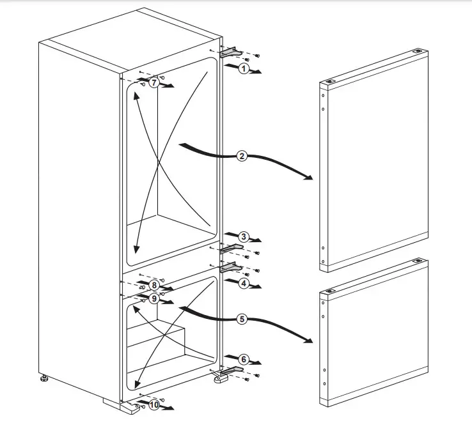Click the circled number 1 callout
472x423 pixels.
[x=243, y=68]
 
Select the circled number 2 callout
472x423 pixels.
[x=242, y=156]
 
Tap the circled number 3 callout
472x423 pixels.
[x=243, y=236]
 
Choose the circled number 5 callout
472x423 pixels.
[x=242, y=318]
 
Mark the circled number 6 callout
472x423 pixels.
[x=244, y=359]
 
